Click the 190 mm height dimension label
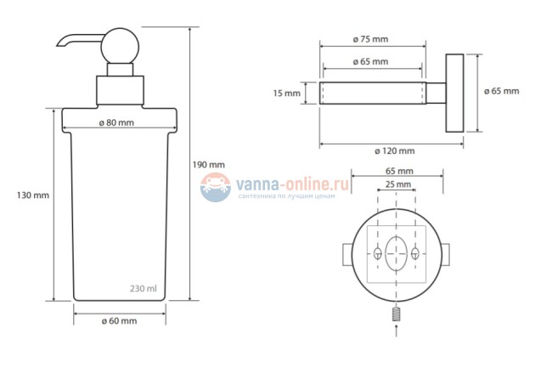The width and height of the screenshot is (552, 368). coord(208,165)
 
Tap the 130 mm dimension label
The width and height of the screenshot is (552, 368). coord(33,195)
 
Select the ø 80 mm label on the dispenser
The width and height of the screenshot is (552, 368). coord(116,123)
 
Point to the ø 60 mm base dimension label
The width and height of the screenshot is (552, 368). coord(120,321)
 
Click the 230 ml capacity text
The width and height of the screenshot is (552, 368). coord(144,289)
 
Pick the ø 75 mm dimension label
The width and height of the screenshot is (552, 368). coord(371,39)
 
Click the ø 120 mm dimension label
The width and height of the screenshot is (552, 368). coord(395,151)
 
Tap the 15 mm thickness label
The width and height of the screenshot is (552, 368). coord(286,93)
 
